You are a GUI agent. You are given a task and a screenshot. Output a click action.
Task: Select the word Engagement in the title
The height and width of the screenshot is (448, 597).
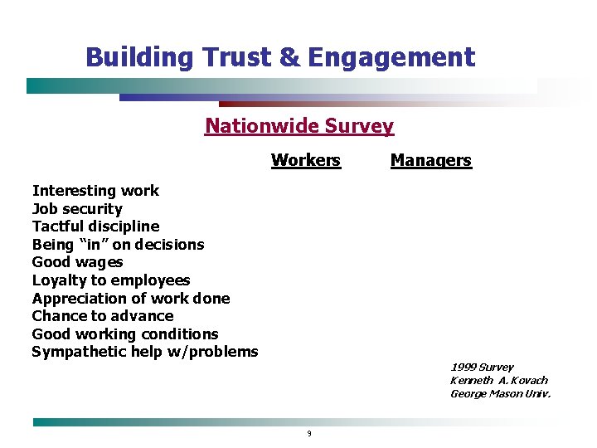click(391, 57)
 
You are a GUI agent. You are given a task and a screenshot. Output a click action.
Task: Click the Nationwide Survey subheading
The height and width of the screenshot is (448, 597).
click(299, 126)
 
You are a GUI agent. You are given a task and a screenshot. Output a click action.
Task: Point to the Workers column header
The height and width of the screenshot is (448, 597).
click(306, 160)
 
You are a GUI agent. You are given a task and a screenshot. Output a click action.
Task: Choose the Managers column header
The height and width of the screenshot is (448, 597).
click(430, 160)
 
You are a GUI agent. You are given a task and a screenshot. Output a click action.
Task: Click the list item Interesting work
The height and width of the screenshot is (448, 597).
click(95, 191)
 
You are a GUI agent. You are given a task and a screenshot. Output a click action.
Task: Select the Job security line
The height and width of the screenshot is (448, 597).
click(77, 209)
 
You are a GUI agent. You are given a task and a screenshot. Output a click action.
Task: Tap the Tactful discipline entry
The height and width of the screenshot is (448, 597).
click(95, 226)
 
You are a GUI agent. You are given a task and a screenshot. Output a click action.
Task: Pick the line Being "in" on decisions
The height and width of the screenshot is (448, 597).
click(118, 245)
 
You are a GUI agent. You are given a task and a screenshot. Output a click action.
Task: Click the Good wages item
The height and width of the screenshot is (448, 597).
click(77, 262)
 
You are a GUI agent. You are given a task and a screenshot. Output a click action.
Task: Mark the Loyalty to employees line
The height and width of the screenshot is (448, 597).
click(111, 280)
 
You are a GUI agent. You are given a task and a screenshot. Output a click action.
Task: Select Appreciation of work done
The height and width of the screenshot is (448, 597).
click(131, 299)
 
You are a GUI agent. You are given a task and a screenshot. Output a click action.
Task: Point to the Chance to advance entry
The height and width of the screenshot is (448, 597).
click(103, 316)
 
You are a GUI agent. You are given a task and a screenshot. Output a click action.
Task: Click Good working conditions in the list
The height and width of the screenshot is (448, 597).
click(125, 334)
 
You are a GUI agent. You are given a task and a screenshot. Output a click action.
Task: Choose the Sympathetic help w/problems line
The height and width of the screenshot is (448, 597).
click(145, 352)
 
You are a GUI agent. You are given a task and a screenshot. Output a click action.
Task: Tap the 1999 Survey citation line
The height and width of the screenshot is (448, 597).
click(482, 367)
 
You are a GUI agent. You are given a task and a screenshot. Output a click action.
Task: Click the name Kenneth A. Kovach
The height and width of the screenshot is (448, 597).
click(499, 380)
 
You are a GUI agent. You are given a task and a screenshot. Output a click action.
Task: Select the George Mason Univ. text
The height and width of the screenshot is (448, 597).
click(500, 393)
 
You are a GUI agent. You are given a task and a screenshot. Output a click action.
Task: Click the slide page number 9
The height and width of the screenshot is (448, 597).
click(308, 433)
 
